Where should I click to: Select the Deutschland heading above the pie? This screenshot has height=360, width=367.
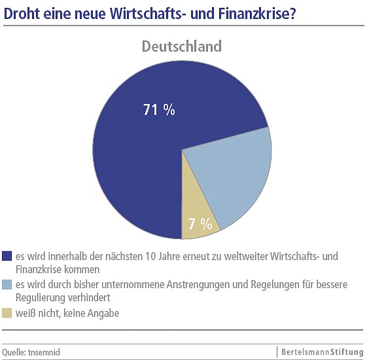tap(182, 46)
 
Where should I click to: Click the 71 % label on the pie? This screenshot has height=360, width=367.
tap(159, 110)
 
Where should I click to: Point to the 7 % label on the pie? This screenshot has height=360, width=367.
tap(200, 224)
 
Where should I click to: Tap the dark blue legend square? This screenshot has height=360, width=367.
tap(7, 256)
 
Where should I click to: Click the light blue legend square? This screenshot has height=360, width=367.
tap(7, 284)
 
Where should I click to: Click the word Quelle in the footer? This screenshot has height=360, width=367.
tap(14, 352)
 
